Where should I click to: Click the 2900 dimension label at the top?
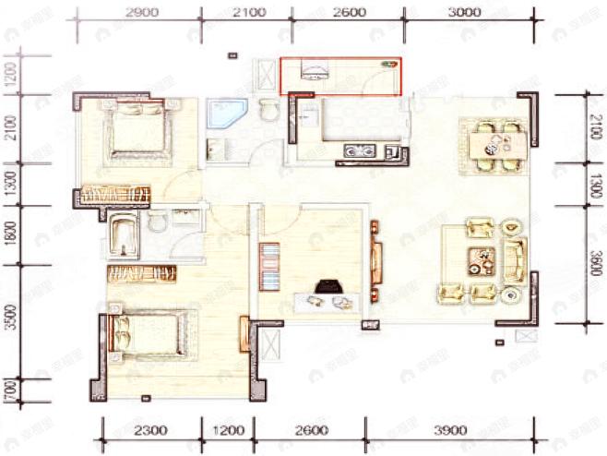pyautogui.click(x=141, y=12)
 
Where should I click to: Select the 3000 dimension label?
pyautogui.click(x=463, y=12)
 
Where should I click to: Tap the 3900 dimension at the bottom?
pyautogui.click(x=450, y=430)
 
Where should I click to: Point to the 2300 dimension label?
pyautogui.click(x=150, y=430)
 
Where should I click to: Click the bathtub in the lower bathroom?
pyautogui.click(x=124, y=236)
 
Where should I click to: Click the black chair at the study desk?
pyautogui.click(x=325, y=287)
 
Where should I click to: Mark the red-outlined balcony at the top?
pyautogui.click(x=341, y=77)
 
